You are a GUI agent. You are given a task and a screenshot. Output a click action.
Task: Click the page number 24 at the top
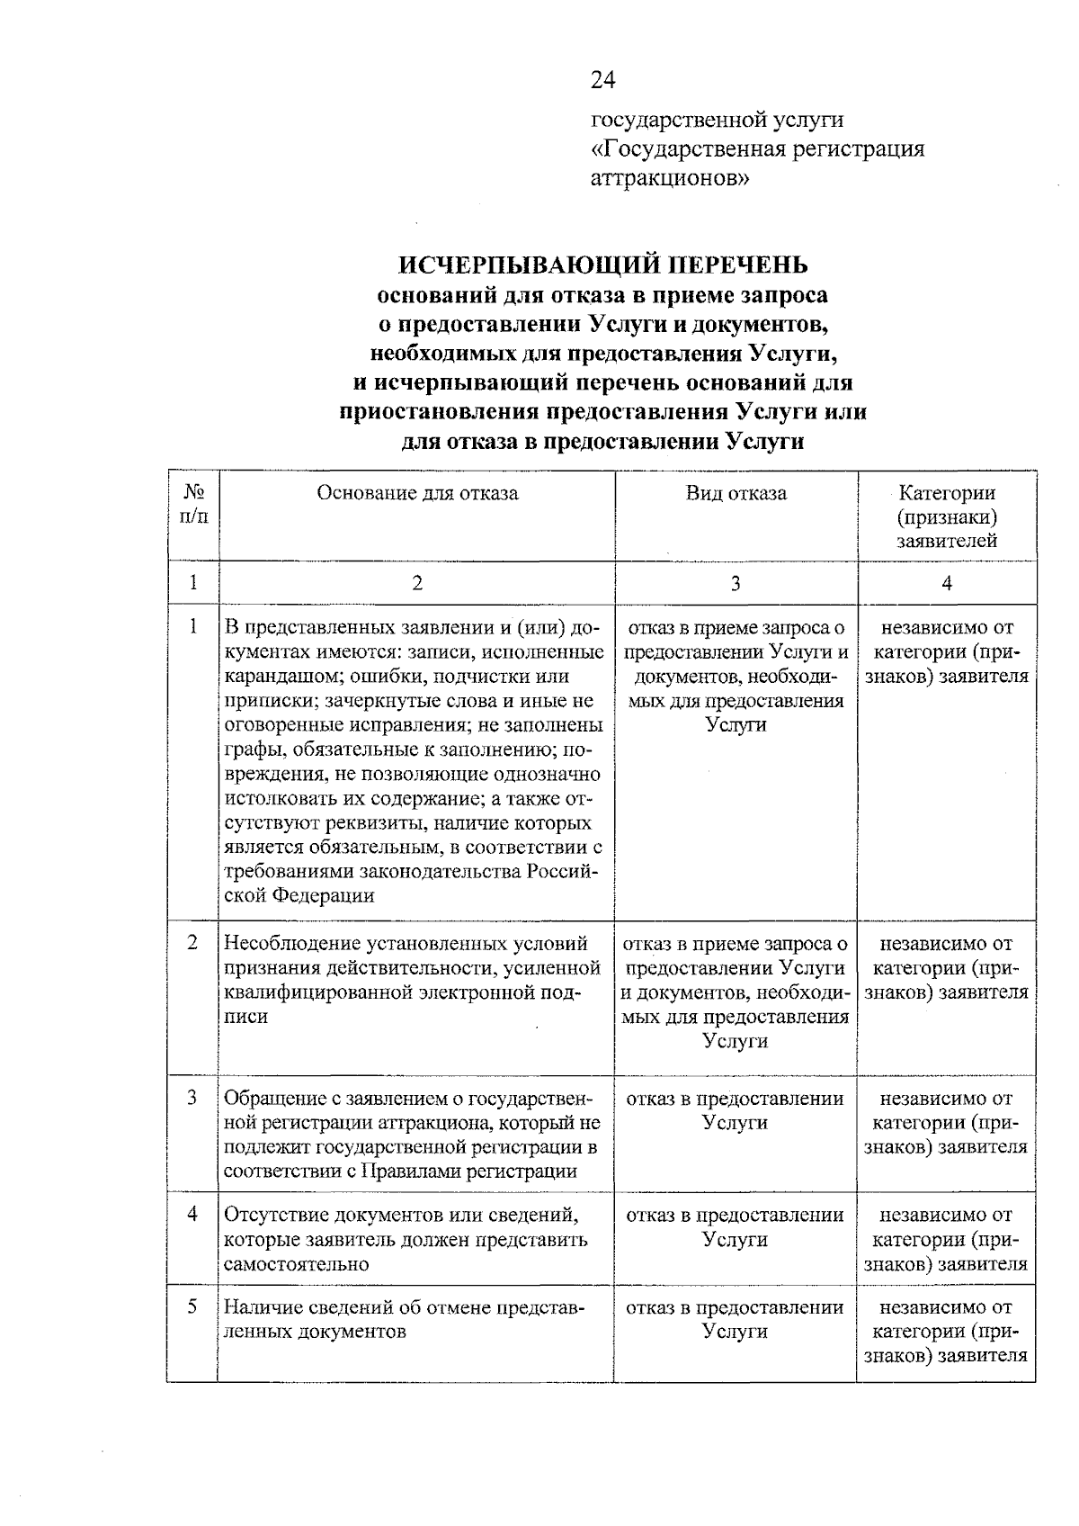(602, 81)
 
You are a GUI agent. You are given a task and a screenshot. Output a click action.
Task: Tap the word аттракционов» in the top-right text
(669, 178)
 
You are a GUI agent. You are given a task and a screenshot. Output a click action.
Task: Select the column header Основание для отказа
(417, 493)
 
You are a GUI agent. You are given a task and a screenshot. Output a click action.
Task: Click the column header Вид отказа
(736, 493)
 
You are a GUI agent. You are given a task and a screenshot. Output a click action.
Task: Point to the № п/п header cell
(192, 504)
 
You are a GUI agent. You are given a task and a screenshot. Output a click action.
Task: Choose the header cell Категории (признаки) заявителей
(947, 517)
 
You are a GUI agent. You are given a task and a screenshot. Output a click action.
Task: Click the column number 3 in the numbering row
(736, 583)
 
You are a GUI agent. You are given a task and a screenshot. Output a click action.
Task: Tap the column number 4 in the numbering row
(947, 583)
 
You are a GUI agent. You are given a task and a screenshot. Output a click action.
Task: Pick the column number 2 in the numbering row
(417, 583)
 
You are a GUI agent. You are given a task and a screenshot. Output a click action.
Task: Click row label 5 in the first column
(192, 1306)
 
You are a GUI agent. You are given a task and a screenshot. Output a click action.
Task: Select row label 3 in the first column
(192, 1098)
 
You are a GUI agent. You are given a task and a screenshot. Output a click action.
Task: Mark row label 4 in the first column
(192, 1215)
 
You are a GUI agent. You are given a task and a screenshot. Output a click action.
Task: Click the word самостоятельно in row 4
(296, 1263)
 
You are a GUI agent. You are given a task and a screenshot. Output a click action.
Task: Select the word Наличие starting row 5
(260, 1307)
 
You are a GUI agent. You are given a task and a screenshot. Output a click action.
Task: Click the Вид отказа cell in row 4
(735, 1227)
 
